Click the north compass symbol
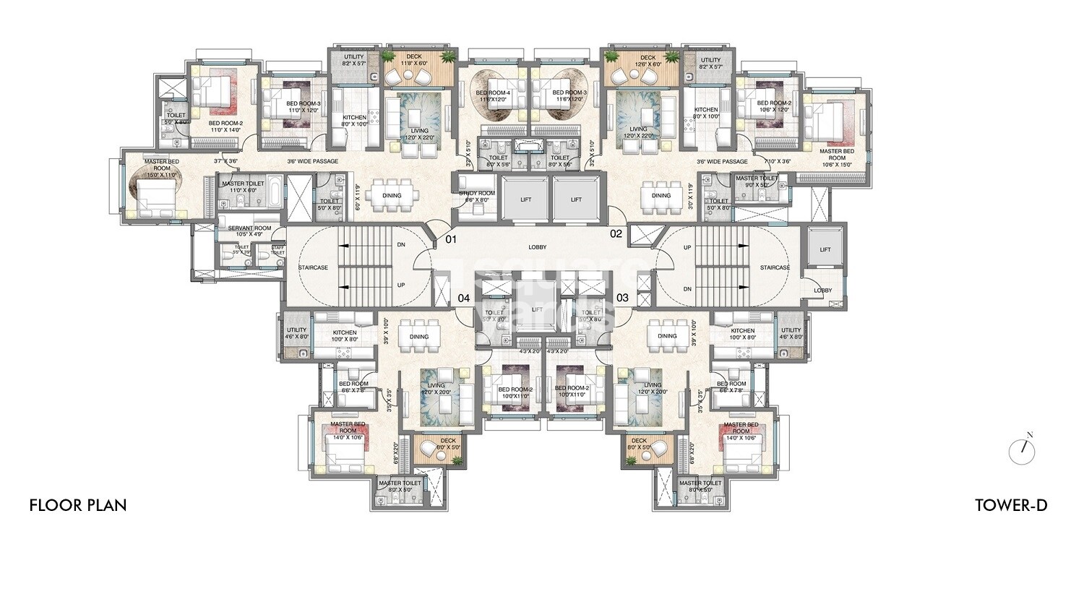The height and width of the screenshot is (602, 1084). (x=1022, y=451)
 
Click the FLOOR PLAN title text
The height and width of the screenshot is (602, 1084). (x=78, y=505)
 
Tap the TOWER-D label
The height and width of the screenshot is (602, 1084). (x=1010, y=505)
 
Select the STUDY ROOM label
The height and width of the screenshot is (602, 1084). (x=478, y=194)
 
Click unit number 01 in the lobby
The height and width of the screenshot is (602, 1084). (x=451, y=238)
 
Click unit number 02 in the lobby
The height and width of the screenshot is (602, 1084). (x=616, y=233)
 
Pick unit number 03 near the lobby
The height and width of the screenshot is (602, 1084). (x=622, y=297)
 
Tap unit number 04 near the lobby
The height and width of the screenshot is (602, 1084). (x=463, y=297)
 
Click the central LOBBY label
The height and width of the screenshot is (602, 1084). (x=537, y=247)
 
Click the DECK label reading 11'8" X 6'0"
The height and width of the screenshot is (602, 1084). (x=413, y=60)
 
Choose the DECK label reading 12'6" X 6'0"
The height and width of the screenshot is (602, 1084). (x=648, y=60)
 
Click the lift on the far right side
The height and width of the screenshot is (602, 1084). (x=825, y=249)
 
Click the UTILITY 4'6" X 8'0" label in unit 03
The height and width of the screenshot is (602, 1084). (x=791, y=333)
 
